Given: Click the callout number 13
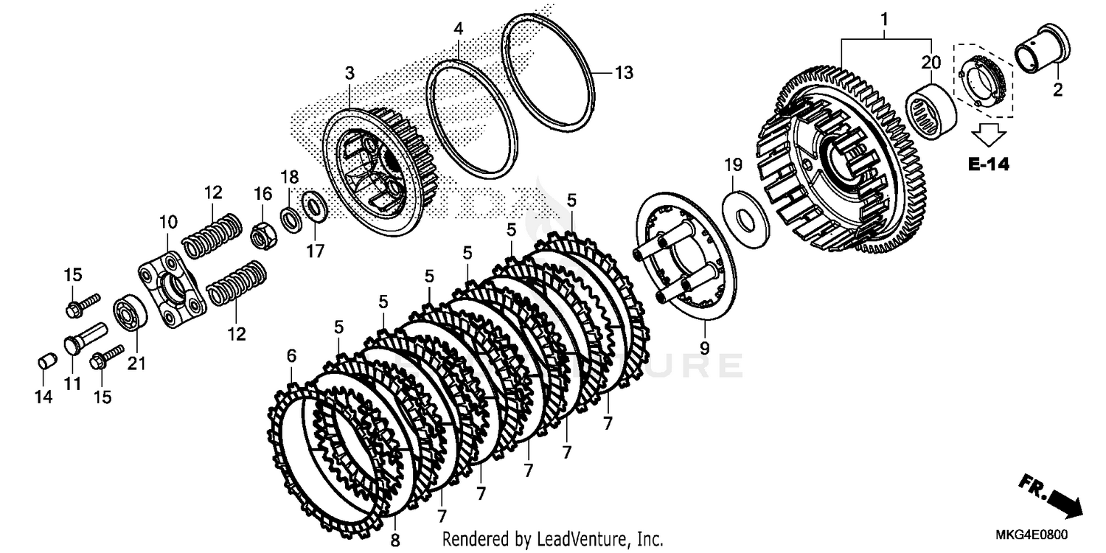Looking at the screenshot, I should click(624, 73).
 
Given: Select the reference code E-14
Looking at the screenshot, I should click(988, 164).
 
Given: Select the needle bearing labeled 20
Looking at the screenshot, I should click(931, 109).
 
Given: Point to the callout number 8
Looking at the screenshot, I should click(395, 540).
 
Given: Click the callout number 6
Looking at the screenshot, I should click(291, 356).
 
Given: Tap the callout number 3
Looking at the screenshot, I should click(349, 73).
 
